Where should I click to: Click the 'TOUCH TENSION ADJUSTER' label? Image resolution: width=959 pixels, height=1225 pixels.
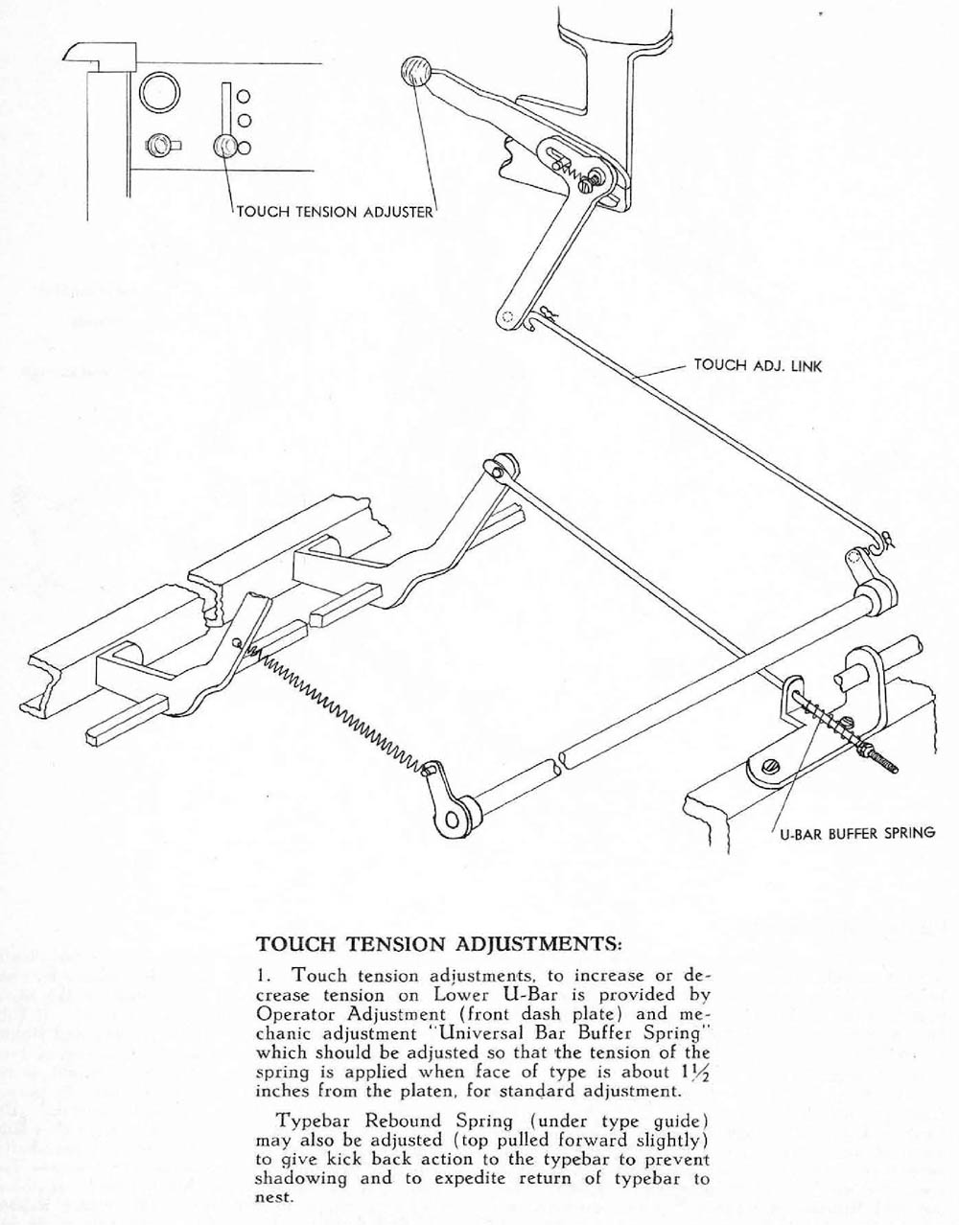click(x=335, y=211)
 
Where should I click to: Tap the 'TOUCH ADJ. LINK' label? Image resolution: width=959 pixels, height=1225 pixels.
click(x=759, y=365)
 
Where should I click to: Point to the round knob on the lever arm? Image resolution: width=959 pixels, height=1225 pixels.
click(x=415, y=72)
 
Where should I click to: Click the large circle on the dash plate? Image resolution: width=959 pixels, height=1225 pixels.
click(x=158, y=94)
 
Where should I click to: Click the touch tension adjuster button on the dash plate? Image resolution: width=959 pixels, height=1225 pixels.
click(x=224, y=145)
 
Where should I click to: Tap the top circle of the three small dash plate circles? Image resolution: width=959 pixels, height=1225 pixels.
click(x=244, y=96)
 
